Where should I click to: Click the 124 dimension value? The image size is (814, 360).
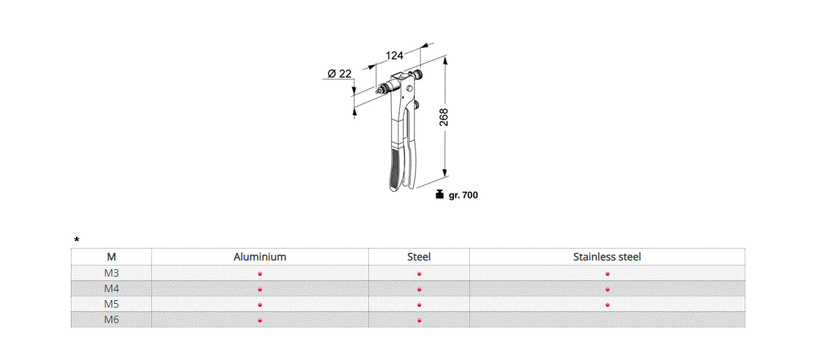coord(395,55)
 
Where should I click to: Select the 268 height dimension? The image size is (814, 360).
coord(443,118)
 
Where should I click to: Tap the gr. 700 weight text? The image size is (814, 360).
coord(463,195)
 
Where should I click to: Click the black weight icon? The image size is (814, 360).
coord(440,195)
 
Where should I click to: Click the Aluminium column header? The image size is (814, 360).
coord(260,257)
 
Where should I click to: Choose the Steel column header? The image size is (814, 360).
coord(418,257)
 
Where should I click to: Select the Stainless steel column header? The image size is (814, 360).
coord(607,257)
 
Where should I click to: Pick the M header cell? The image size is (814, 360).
coord(111,257)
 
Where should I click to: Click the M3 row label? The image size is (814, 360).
coord(111,273)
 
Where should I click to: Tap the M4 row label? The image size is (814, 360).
coord(111,288)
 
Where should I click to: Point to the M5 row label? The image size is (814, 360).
coord(111,304)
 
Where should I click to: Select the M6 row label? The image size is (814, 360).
coord(111,319)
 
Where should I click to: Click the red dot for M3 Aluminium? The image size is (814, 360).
coord(260,274)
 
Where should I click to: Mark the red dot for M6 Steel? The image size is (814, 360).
coord(418,320)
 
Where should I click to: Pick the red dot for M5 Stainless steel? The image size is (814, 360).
coord(607,305)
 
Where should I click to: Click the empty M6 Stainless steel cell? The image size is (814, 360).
coord(607,320)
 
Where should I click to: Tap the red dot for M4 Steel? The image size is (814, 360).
coord(418,289)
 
